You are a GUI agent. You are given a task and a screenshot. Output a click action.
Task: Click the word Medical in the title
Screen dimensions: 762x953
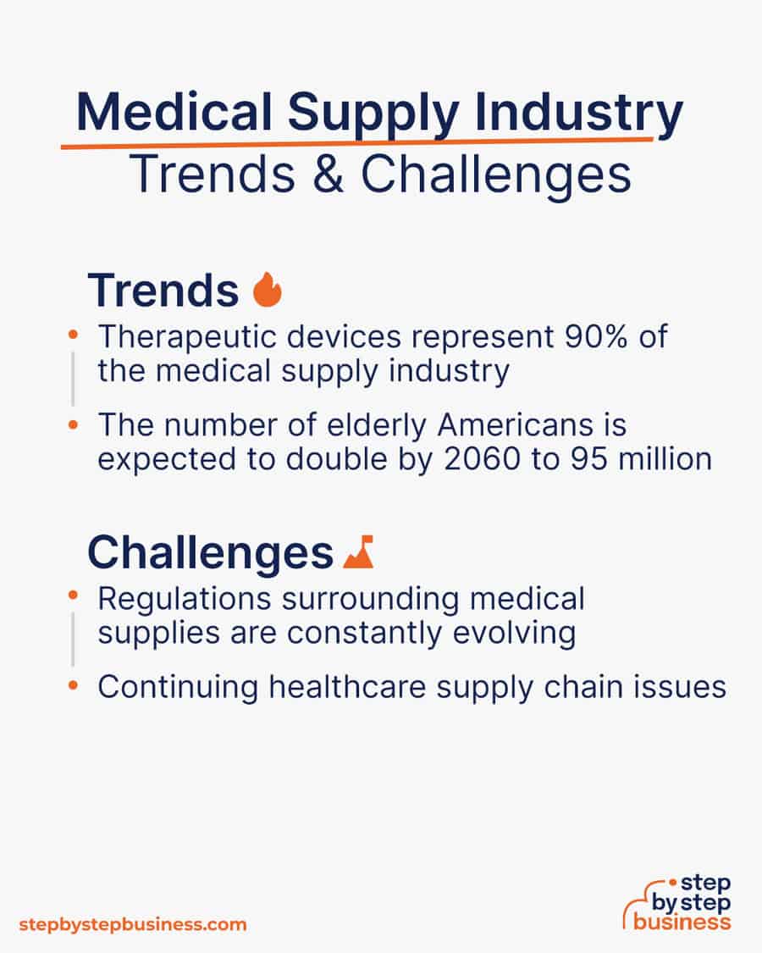(174, 112)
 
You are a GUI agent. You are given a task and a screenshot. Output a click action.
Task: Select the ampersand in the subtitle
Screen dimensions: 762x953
(329, 174)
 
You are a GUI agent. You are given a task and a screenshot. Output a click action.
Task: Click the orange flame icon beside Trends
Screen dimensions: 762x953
(268, 290)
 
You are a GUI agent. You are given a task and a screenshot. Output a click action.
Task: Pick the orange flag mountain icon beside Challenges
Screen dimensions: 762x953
(358, 551)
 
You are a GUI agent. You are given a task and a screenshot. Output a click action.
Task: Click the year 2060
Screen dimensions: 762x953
(482, 459)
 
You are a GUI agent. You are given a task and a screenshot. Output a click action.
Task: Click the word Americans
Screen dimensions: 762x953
(515, 425)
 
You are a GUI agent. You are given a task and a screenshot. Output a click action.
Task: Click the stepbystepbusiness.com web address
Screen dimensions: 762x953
(133, 925)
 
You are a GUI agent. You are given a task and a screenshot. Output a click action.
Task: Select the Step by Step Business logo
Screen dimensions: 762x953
(677, 903)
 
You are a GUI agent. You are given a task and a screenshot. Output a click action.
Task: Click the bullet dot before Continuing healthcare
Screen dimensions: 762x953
(73, 685)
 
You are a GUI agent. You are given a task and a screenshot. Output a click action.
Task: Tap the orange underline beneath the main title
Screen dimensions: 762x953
(356, 143)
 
